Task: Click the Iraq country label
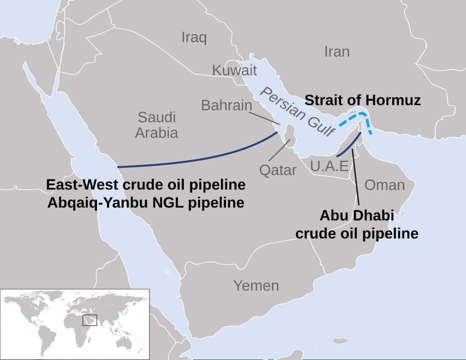[x=194, y=38]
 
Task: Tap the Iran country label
[x=337, y=52]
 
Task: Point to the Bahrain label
[x=226, y=105]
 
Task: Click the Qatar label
[x=278, y=170]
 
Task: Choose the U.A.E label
[x=329, y=166]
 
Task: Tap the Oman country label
[x=384, y=185]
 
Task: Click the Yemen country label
[x=256, y=286]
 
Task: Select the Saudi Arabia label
[x=156, y=125]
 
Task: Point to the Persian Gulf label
[x=297, y=112]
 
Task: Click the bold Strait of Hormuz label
[x=362, y=100]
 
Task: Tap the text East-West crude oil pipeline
[x=146, y=185]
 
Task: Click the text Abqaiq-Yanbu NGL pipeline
[x=146, y=202]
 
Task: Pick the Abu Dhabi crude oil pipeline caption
[x=356, y=224]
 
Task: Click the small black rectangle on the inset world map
[x=89, y=320]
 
